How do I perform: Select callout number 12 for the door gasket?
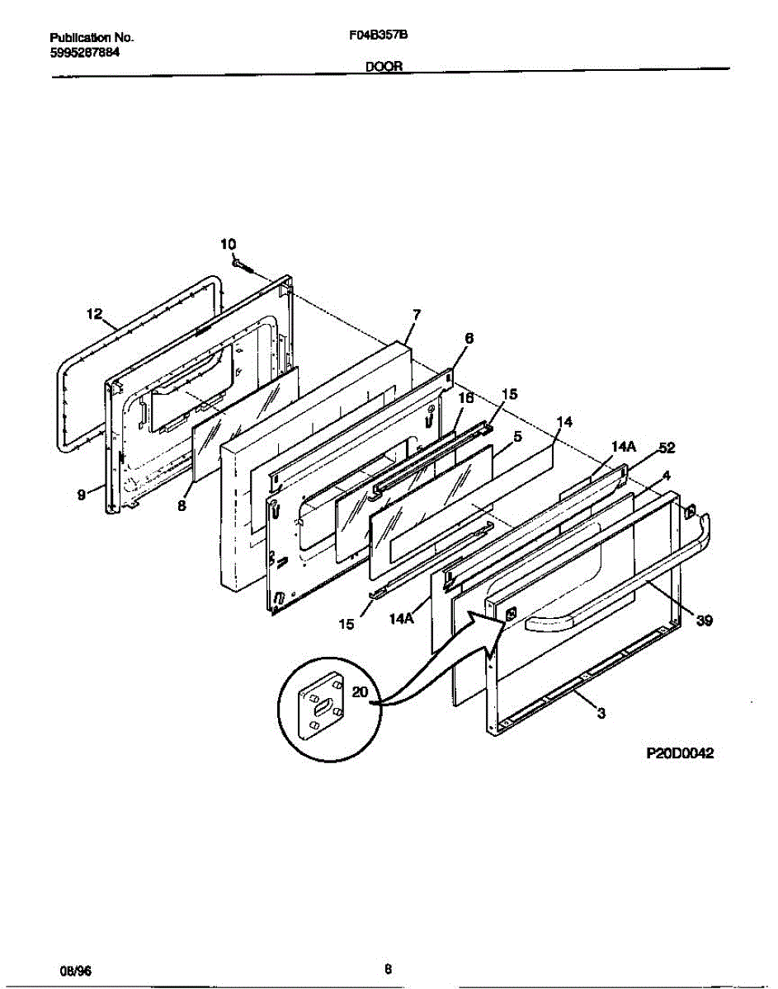[94, 313]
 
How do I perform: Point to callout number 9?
[82, 494]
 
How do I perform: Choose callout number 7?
[417, 314]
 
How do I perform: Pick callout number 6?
[469, 338]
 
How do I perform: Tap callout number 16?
[465, 397]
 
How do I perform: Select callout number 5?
[516, 438]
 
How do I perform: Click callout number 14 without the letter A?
[564, 422]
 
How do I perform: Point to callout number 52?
[667, 448]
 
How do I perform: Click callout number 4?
[666, 476]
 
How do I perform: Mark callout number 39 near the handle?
[704, 621]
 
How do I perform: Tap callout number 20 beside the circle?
[360, 692]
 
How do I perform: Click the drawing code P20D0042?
[679, 752]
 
